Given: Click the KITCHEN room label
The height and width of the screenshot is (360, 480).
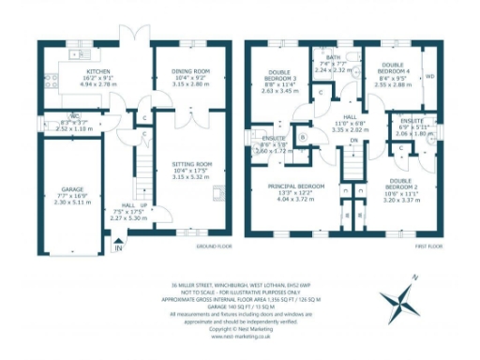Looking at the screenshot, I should click(100, 72).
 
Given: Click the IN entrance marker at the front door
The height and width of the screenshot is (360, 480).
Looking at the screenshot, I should click(118, 247).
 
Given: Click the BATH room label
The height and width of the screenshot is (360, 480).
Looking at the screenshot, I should click(334, 58).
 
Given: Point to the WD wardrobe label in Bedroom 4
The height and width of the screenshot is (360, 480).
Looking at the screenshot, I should click(429, 76).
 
